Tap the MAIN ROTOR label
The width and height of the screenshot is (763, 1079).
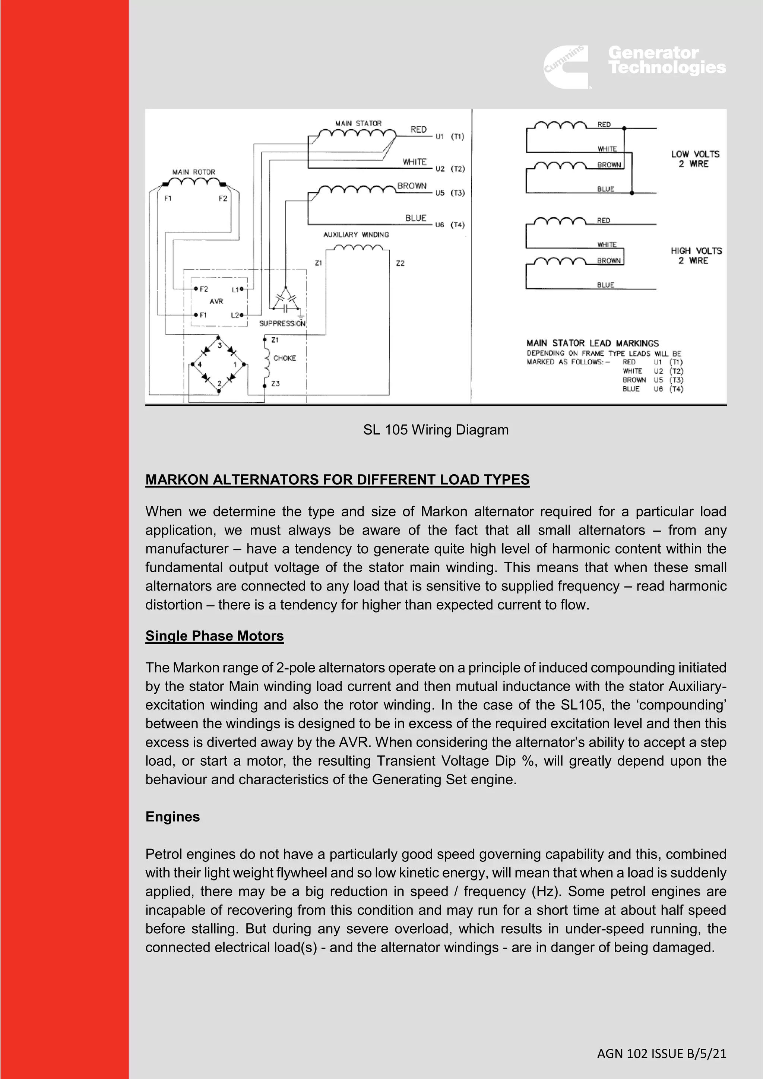[194, 172]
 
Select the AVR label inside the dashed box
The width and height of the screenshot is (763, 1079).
[216, 301]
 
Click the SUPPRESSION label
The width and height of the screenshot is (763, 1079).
[282, 323]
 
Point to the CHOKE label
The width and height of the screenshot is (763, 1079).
[285, 358]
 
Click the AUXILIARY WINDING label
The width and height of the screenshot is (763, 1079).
[356, 234]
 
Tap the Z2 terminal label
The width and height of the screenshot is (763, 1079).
[400, 263]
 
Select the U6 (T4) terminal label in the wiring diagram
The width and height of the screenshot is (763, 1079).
[450, 225]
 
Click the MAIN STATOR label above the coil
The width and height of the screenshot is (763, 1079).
[358, 123]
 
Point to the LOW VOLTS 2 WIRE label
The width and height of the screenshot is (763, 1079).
[695, 159]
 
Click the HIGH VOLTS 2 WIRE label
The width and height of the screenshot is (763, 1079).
[696, 256]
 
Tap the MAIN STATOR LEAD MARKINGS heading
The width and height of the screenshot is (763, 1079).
[592, 343]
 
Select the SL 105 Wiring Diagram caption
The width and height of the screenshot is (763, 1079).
[436, 430]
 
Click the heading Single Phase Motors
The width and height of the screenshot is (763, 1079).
[214, 636]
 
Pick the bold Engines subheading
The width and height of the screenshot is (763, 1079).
[172, 817]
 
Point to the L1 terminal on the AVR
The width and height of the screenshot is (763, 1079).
[236, 289]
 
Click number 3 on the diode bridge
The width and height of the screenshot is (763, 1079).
[219, 345]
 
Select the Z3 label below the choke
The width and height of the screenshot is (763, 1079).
[275, 384]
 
